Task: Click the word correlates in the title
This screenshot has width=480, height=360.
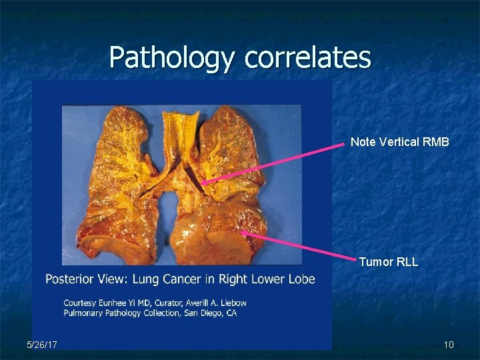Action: (307, 57)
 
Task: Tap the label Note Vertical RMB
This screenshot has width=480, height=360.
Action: (400, 141)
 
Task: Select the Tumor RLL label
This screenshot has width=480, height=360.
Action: (389, 262)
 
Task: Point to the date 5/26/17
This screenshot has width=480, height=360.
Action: (42, 345)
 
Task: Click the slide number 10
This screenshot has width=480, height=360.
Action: (449, 345)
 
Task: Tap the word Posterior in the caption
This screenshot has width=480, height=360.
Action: (69, 278)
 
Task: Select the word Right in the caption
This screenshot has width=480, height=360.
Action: (225, 278)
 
